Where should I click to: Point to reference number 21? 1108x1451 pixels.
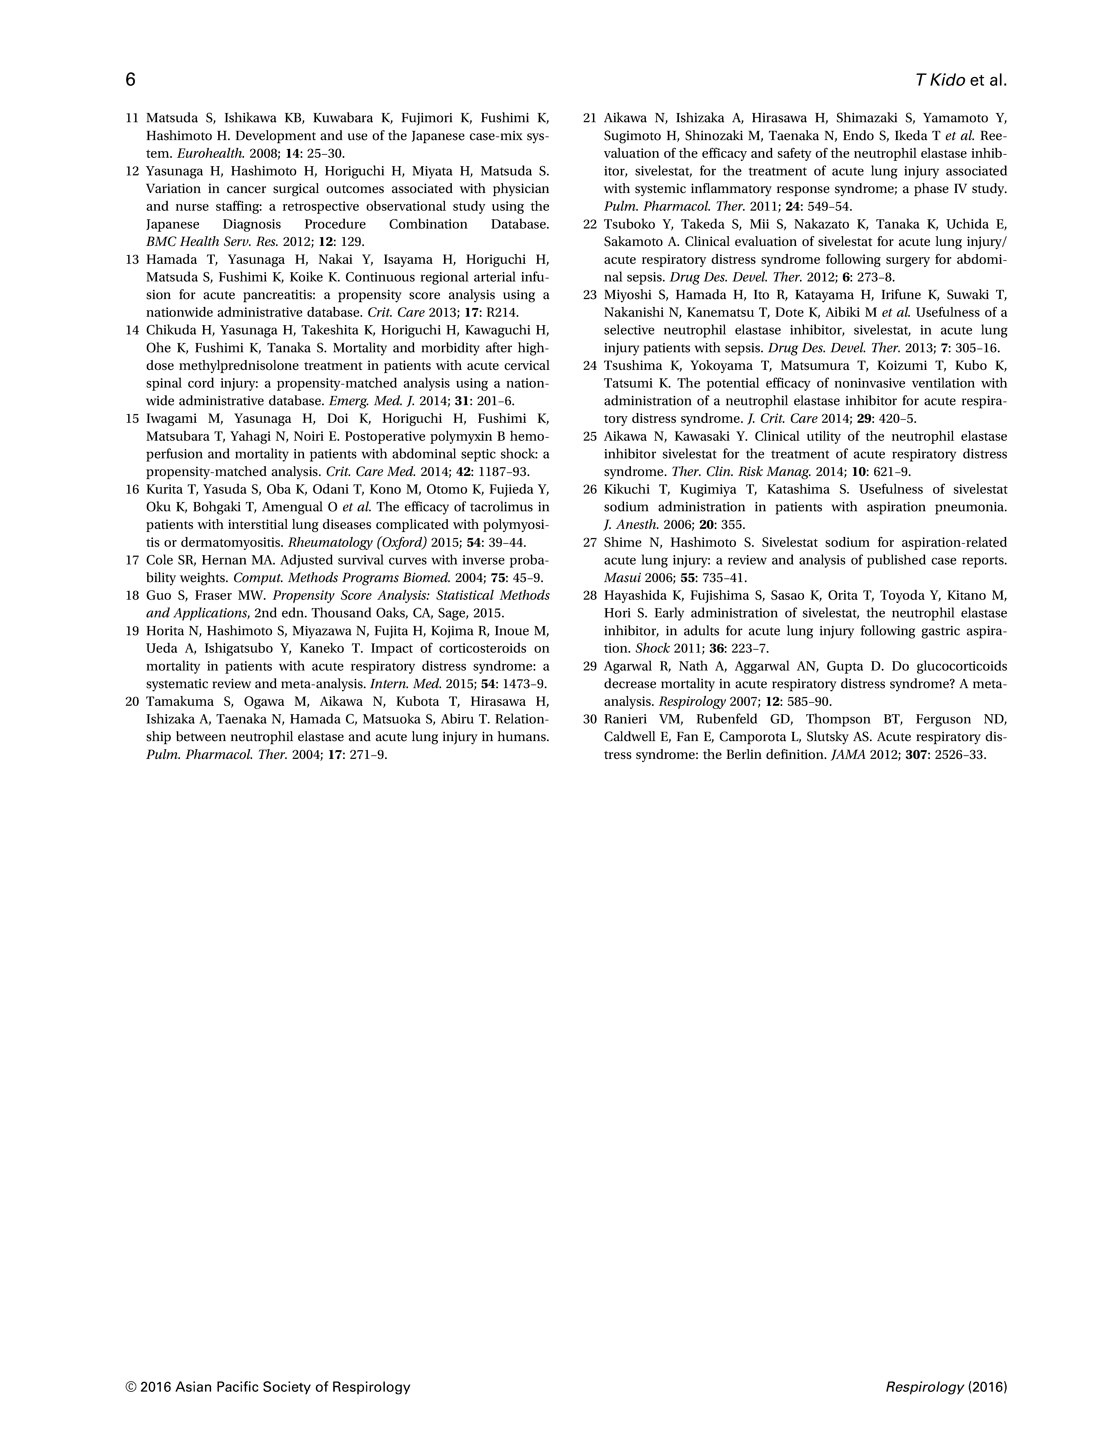pos(590,119)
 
